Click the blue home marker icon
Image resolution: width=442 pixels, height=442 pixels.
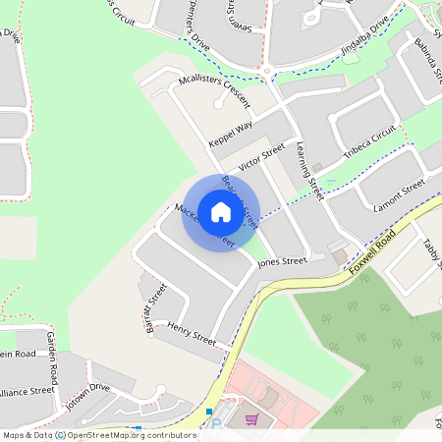tap(221, 212)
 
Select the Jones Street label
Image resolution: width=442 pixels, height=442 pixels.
tap(282, 262)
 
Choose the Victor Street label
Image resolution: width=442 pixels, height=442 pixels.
tap(261, 157)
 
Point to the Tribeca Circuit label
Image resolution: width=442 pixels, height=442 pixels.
tap(369, 143)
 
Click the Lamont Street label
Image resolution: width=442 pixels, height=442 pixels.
tap(399, 194)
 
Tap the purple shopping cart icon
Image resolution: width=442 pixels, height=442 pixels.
tap(252, 419)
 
